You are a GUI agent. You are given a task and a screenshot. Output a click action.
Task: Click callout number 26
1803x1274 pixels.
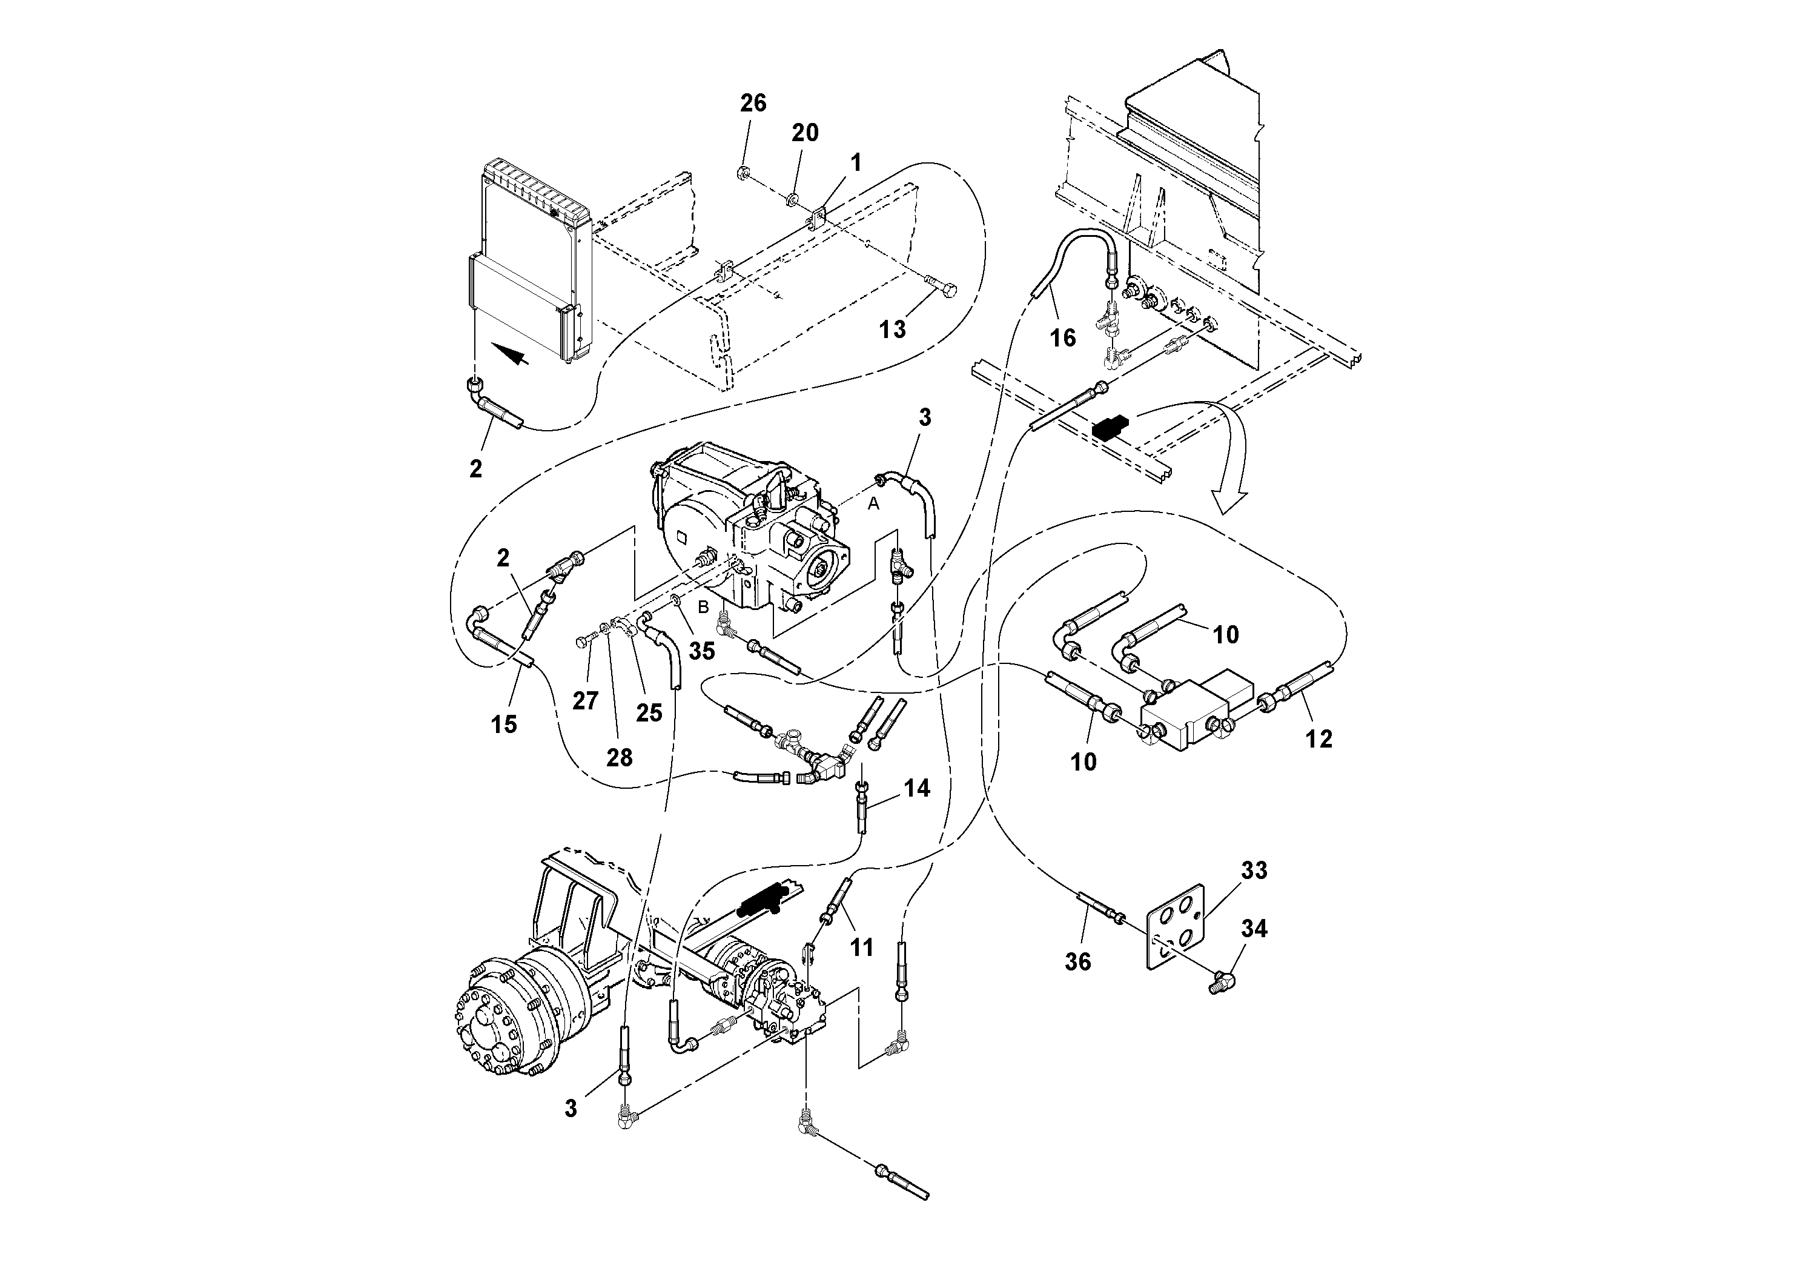tap(752, 104)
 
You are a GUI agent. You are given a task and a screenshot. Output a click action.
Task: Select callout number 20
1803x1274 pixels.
tap(804, 133)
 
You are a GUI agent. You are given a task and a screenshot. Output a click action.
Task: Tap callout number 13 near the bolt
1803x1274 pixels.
tap(892, 329)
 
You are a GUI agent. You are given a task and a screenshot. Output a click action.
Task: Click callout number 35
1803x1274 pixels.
tap(701, 651)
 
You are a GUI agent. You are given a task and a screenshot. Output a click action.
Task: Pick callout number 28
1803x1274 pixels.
tap(619, 757)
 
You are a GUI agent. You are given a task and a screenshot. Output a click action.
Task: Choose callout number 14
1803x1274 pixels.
tap(916, 788)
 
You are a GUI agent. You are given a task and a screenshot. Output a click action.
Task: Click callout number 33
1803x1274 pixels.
tap(1254, 871)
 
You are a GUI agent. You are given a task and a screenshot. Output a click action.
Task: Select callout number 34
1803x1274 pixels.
tap(1254, 929)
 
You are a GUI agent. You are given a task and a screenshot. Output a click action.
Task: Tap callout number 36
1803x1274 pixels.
tap(1077, 961)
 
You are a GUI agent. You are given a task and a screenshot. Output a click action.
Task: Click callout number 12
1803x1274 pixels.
tap(1318, 739)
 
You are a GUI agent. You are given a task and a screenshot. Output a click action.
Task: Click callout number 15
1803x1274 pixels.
tap(504, 724)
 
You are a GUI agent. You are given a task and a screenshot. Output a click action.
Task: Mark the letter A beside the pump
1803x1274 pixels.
tap(873, 506)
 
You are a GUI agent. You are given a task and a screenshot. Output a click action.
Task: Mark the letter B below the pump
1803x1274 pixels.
tap(704, 607)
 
